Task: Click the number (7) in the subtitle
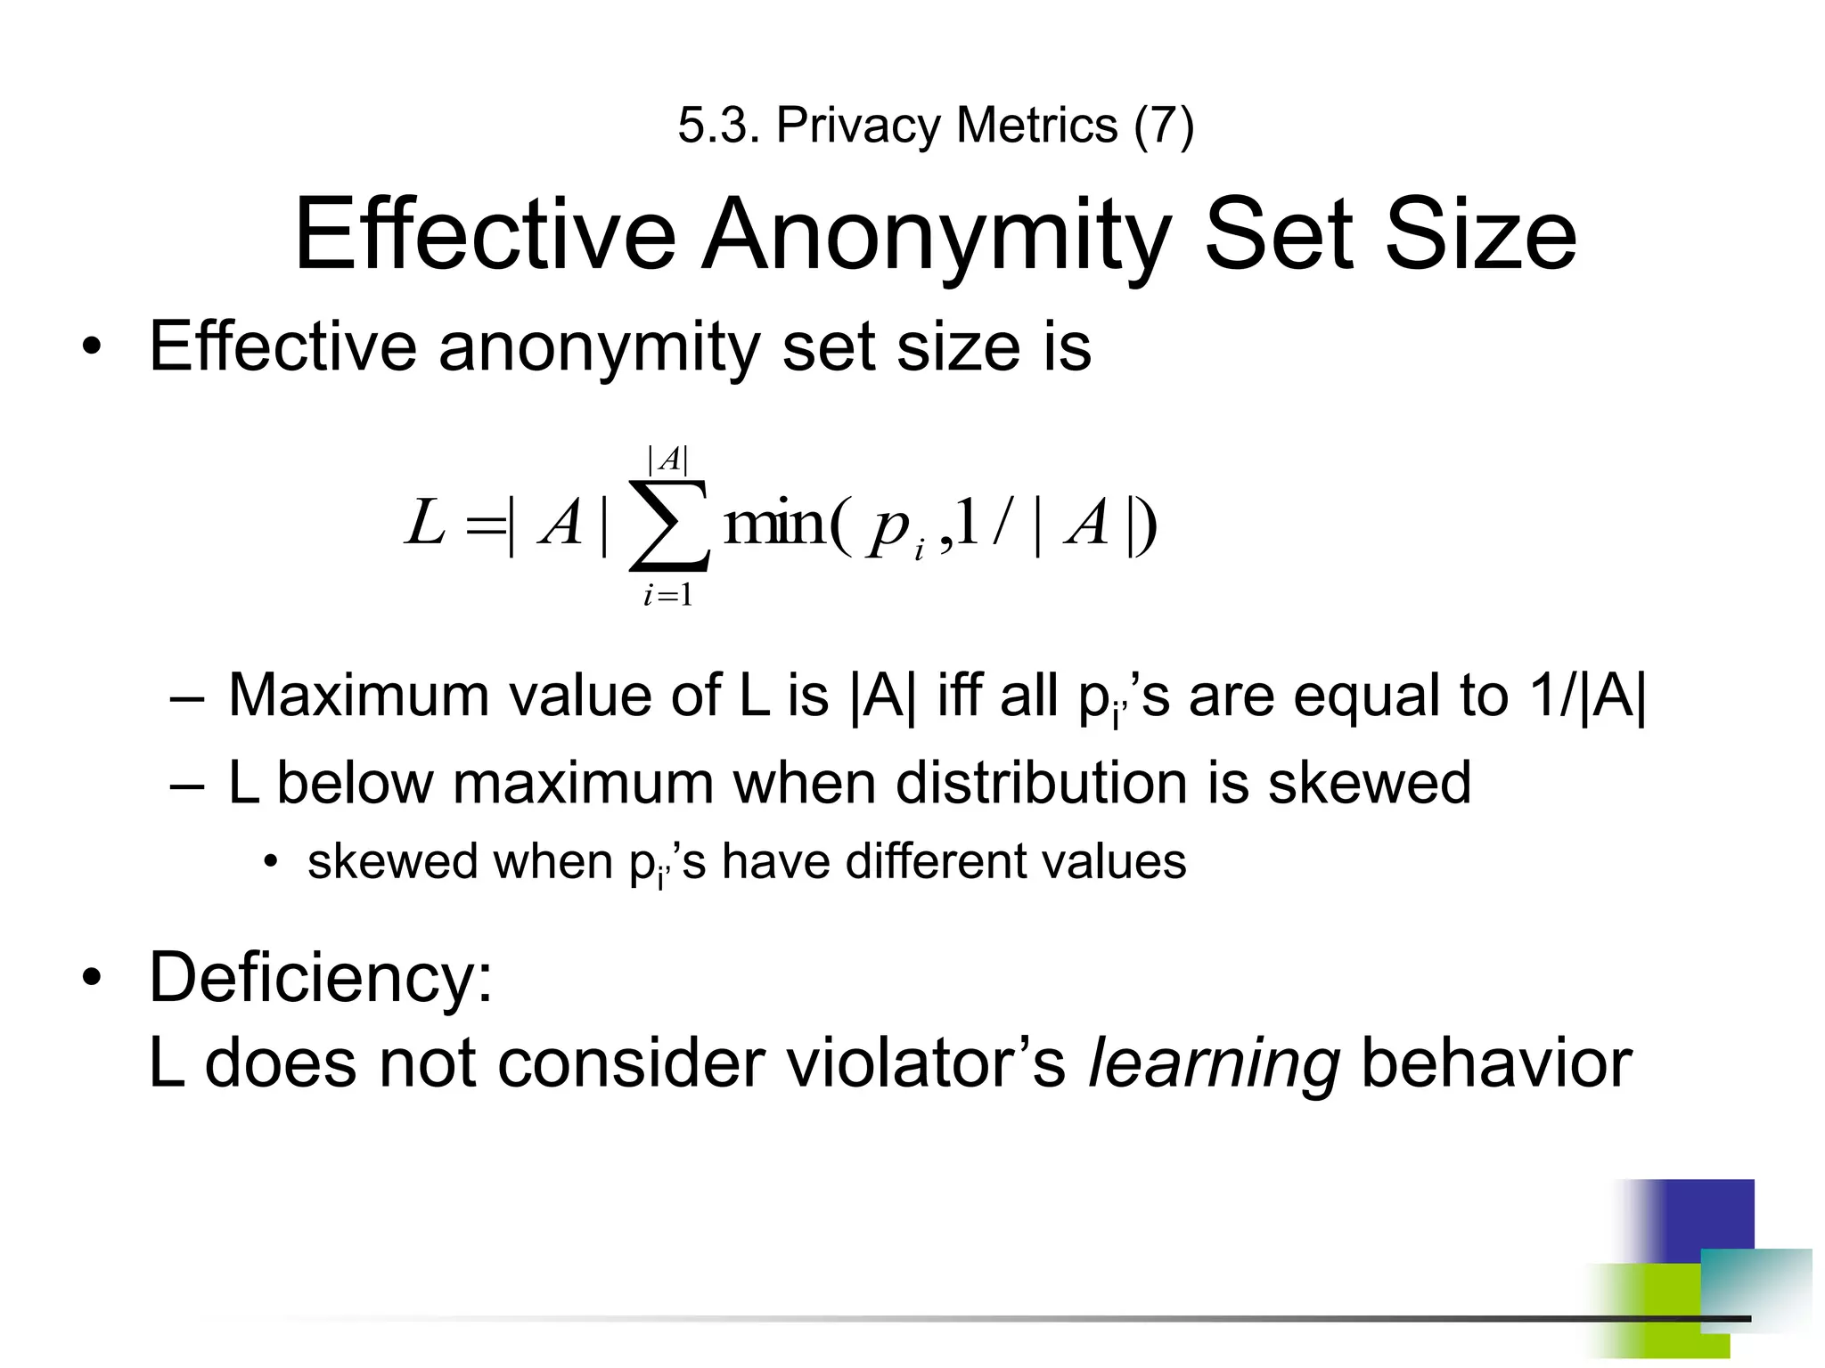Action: (x=1163, y=126)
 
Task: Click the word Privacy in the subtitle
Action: (x=857, y=126)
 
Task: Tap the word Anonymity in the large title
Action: (x=936, y=235)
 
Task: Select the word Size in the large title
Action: (x=1480, y=235)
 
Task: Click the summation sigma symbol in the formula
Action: (x=669, y=525)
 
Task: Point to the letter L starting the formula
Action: (x=424, y=523)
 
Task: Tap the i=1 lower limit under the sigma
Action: (x=668, y=595)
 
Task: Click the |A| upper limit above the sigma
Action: (x=668, y=460)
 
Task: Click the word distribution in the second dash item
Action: (x=1041, y=783)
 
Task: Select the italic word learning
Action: (x=1214, y=1063)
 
